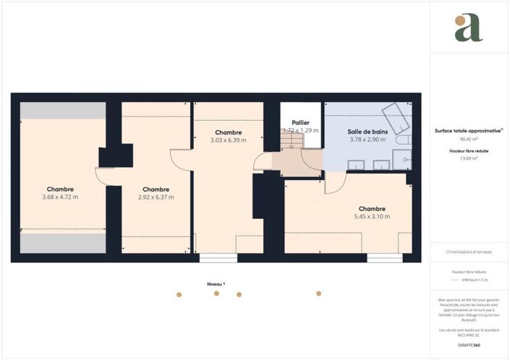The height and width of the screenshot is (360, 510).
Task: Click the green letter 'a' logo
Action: click(x=468, y=27)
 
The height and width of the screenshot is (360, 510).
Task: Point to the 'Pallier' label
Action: click(x=300, y=123)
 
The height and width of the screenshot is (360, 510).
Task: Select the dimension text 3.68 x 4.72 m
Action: click(x=60, y=197)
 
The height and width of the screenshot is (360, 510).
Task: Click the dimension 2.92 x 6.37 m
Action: click(x=156, y=197)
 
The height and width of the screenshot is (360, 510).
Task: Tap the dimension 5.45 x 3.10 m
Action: click(x=372, y=216)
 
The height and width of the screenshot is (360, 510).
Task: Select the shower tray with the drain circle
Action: click(x=403, y=159)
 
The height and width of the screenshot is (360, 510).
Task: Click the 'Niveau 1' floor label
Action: click(x=216, y=284)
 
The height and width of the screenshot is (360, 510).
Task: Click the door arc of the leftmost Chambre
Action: click(x=103, y=177)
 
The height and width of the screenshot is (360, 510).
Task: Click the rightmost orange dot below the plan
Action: click(x=318, y=293)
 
